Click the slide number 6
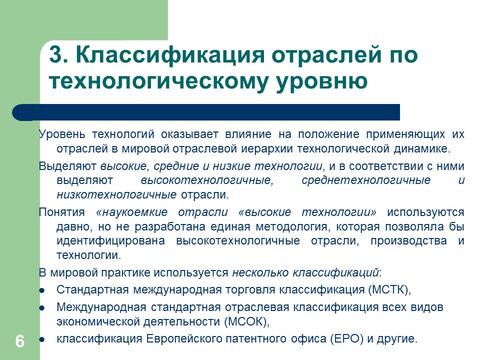point(19,341)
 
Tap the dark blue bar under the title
point(210,112)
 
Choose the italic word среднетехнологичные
point(366,180)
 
